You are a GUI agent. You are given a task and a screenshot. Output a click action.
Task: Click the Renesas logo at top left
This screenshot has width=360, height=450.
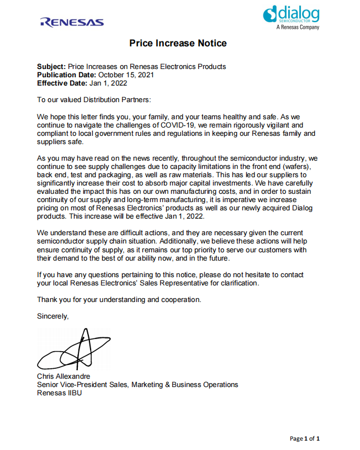pyautogui.click(x=72, y=22)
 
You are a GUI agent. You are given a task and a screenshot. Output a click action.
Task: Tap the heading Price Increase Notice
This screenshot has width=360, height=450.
pyautogui.click(x=178, y=44)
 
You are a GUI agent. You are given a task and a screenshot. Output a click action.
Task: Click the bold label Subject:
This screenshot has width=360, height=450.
pyautogui.click(x=51, y=66)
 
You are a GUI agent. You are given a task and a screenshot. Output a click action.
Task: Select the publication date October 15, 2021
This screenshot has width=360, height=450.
pyautogui.click(x=126, y=75)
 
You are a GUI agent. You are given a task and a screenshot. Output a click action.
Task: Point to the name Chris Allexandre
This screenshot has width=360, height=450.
pyautogui.click(x=63, y=376)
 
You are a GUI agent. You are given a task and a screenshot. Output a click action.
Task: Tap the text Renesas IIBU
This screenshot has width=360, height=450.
pyautogui.click(x=59, y=393)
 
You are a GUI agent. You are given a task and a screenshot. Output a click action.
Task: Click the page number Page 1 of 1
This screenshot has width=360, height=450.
pyautogui.click(x=305, y=438)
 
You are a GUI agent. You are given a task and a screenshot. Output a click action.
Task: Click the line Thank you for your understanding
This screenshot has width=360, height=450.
pyautogui.click(x=119, y=299)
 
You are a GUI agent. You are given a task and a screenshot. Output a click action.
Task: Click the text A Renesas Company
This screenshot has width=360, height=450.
pyautogui.click(x=298, y=27)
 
